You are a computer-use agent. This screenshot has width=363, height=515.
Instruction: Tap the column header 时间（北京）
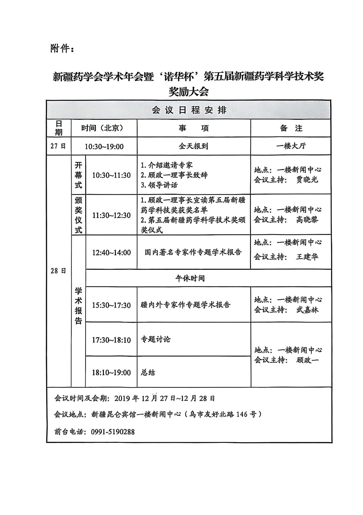coord(102,128)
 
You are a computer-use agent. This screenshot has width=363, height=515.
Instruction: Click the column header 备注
coord(291,128)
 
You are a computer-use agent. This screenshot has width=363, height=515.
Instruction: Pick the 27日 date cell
coord(58,146)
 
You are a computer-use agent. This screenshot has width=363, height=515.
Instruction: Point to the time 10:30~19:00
coord(104,147)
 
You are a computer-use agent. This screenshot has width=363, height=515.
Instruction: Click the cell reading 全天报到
coord(193,146)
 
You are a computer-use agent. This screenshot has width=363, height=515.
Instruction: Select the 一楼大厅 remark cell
coord(291,146)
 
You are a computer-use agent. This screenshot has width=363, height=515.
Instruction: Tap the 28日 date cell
coord(58,271)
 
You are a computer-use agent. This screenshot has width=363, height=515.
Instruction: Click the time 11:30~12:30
coord(111,215)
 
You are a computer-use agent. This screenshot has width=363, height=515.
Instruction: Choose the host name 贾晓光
coord(307,180)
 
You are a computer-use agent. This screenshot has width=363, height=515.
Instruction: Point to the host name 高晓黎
coord(307,220)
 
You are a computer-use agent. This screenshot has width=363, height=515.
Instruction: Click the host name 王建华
coord(307,257)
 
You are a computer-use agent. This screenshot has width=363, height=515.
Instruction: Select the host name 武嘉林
coord(307,310)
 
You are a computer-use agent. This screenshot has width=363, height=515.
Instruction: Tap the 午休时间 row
coord(190,278)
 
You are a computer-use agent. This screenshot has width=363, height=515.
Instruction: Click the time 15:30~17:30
coord(111,305)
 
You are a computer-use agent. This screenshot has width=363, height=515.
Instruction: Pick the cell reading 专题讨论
coord(156,339)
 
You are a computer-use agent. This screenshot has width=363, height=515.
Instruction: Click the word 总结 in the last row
coord(148,372)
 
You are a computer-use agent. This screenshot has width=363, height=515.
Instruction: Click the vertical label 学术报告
coord(79,306)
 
